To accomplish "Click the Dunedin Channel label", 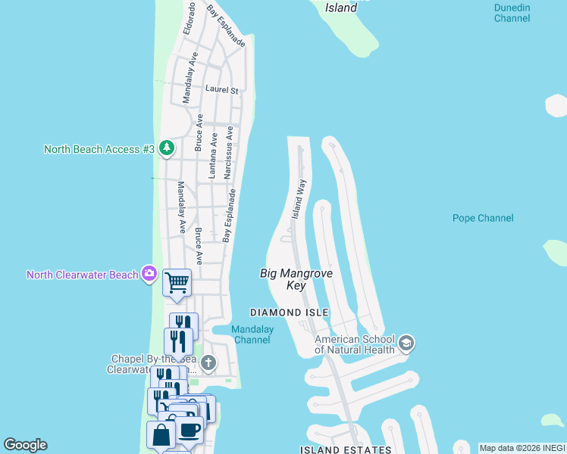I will pyautogui.click(x=512, y=13).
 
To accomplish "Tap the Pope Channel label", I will pyautogui.click(x=483, y=218).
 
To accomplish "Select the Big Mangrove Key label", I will pyautogui.click(x=286, y=278).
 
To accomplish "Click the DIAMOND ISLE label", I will pyautogui.click(x=290, y=313).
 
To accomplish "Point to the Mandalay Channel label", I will pyautogui.click(x=251, y=334).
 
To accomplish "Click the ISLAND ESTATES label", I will pyautogui.click(x=346, y=449).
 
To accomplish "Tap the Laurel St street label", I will pyautogui.click(x=221, y=89).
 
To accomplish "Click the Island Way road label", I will pyautogui.click(x=300, y=199).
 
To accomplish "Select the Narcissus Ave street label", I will pyautogui.click(x=238, y=153).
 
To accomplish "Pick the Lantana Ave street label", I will pyautogui.click(x=214, y=156).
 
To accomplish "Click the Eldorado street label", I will pyautogui.click(x=190, y=19).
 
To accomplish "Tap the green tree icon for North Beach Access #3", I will pyautogui.click(x=166, y=148).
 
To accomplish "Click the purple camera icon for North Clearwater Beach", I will pyautogui.click(x=149, y=274).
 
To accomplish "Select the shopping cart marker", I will pyautogui.click(x=177, y=283).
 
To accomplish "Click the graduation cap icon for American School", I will pyautogui.click(x=406, y=344).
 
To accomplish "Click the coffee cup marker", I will pyautogui.click(x=190, y=431).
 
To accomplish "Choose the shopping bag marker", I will pyautogui.click(x=161, y=435).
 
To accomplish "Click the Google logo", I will pyautogui.click(x=25, y=445).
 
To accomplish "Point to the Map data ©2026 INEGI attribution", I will pyautogui.click(x=522, y=448).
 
